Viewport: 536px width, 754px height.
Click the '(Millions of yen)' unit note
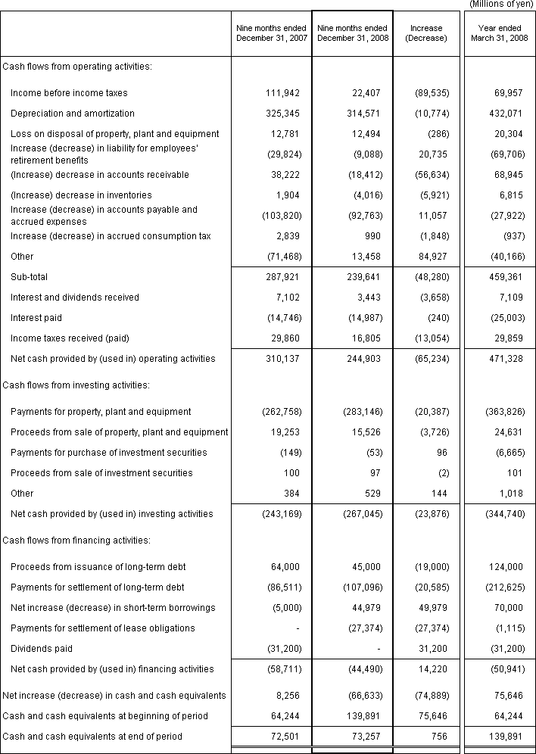click(502, 5)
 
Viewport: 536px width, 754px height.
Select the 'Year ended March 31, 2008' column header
click(499, 33)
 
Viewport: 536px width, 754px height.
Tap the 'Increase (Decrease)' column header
click(426, 33)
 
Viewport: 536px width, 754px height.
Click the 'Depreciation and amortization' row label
click(73, 114)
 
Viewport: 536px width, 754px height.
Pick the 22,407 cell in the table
click(366, 93)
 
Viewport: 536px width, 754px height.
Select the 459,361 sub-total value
click(503, 277)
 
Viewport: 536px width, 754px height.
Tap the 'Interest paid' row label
click(36, 318)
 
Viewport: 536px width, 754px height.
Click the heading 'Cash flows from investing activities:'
click(76, 385)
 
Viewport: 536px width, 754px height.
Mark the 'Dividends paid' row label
click(40, 649)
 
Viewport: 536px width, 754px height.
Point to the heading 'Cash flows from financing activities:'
click(76, 541)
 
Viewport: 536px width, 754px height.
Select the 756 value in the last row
click(439, 737)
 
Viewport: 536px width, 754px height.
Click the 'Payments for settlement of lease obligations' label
click(103, 628)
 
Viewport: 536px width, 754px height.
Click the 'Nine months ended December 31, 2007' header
click(272, 33)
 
